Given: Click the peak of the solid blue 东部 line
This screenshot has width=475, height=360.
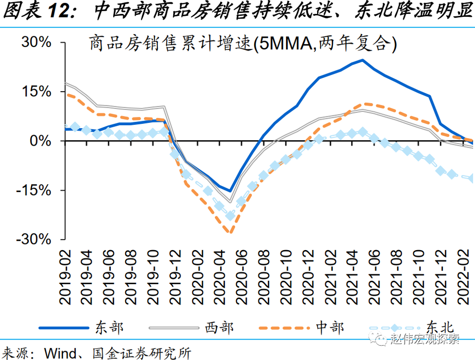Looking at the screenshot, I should (362, 60).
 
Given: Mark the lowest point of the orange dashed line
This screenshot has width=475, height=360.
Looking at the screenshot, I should (229, 232).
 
